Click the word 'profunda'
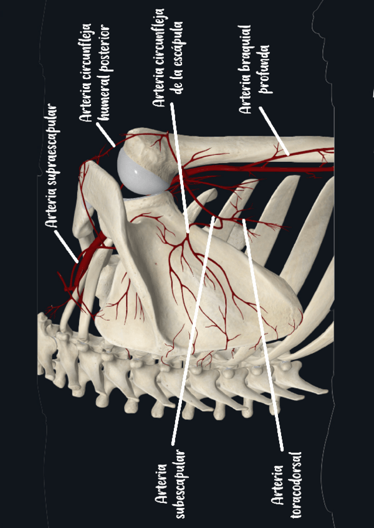pos(264,68)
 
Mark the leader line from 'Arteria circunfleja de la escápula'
pos(179,168)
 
